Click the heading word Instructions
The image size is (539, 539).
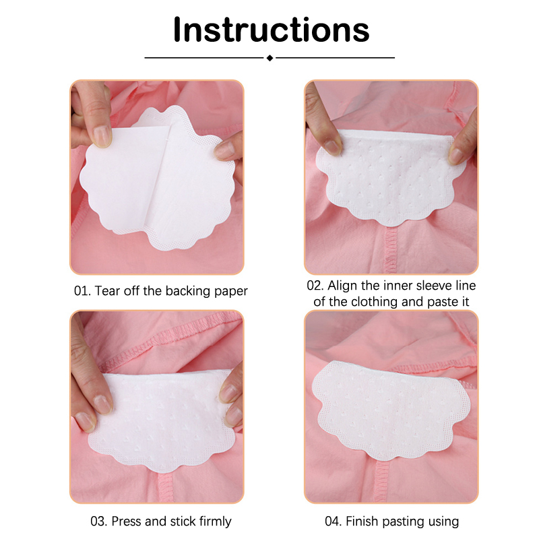click(272, 30)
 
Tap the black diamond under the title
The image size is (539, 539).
click(270, 58)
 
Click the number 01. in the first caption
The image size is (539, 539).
click(82, 291)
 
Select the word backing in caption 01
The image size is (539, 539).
click(188, 291)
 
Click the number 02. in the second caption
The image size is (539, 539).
click(315, 286)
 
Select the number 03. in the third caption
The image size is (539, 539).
click(99, 521)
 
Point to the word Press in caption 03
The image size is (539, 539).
click(127, 521)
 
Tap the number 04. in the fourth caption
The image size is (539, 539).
click(334, 521)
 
